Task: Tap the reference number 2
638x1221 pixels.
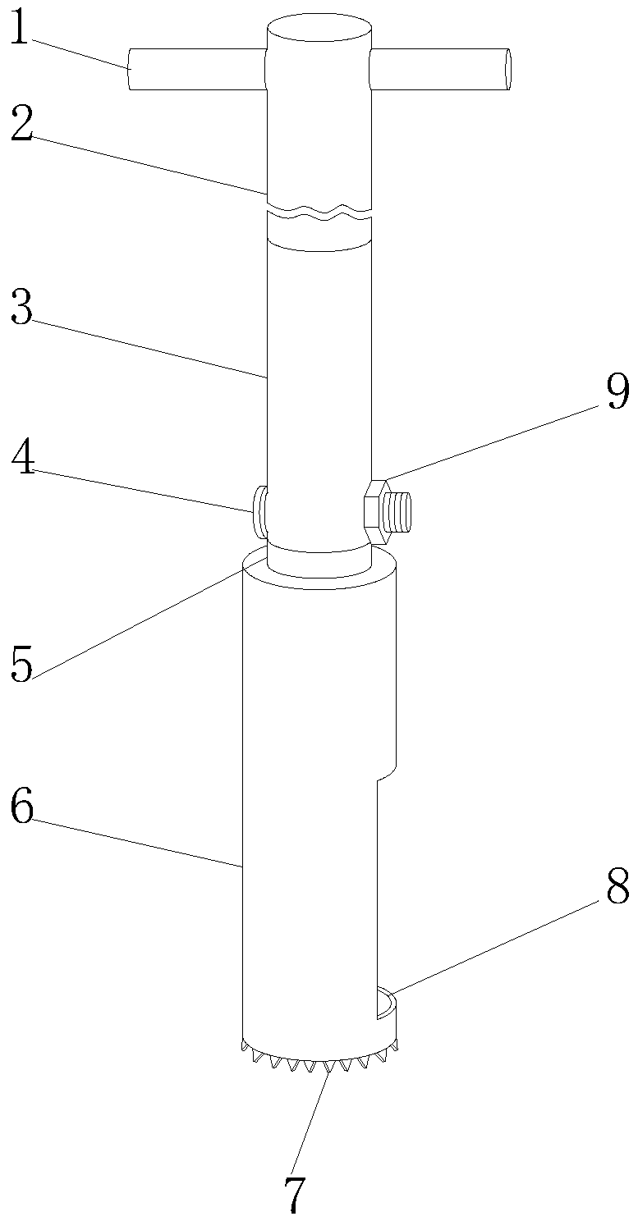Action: (21, 127)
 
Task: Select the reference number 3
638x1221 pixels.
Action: (21, 309)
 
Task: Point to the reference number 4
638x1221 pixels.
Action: (23, 460)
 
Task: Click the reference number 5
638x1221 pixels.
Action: (21, 663)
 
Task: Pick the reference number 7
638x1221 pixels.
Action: (294, 1194)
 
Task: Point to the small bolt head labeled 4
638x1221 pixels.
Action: (260, 510)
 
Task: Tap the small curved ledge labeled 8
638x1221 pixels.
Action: (386, 1002)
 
